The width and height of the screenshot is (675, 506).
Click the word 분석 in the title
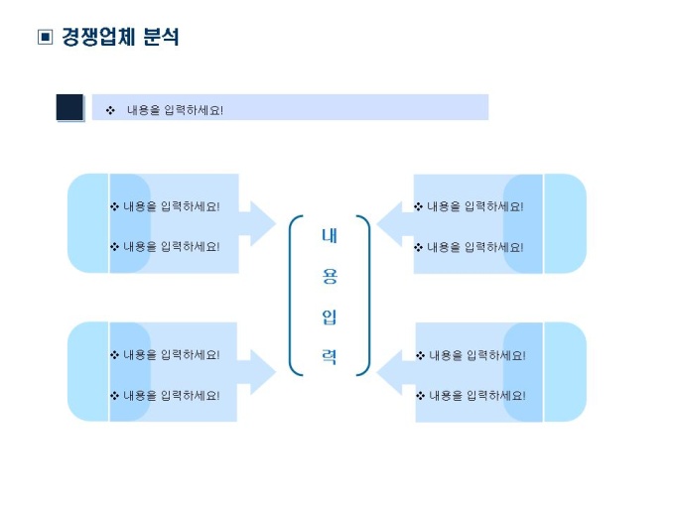[x=162, y=38]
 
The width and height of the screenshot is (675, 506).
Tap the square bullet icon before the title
[x=44, y=38]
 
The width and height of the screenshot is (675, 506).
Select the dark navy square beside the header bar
[x=69, y=107]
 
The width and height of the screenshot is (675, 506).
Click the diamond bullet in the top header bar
[x=110, y=109]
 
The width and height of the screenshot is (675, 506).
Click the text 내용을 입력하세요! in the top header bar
[x=175, y=109]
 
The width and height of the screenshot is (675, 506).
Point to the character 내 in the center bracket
[x=329, y=236]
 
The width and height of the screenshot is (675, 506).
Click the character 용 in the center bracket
[x=329, y=277]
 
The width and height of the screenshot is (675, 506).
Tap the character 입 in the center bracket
[x=329, y=317]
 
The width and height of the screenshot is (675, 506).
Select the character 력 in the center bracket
[x=329, y=357]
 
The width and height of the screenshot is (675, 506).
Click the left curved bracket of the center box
[x=292, y=296]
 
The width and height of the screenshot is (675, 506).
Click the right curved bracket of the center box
[x=366, y=296]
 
